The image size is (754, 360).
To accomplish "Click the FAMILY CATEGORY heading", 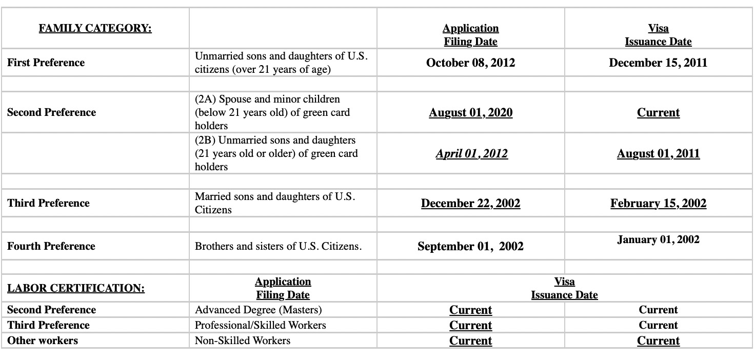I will [95, 28].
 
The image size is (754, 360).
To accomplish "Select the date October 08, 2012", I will [470, 63].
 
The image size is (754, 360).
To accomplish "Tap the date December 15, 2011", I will [658, 63].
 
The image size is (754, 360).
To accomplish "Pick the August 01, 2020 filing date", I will [470, 112].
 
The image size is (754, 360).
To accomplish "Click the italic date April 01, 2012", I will [471, 153].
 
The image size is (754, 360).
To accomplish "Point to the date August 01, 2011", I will [658, 153].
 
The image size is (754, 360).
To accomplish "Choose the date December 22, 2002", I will [470, 203].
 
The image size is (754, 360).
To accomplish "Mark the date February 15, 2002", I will [658, 203].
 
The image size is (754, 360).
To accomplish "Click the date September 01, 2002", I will [470, 246].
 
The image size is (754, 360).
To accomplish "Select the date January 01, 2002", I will [658, 239].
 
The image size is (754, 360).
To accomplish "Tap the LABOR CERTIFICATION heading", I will [76, 288].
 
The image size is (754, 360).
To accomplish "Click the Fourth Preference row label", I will [51, 246].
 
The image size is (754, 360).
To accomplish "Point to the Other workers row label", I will [43, 341].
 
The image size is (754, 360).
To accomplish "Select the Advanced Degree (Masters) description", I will [259, 310].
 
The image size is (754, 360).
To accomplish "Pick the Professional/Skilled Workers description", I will [260, 325].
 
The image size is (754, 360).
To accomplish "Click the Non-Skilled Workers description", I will [243, 341].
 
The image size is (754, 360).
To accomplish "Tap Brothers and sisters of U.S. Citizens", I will [278, 246].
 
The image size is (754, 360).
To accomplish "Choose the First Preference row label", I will [46, 63].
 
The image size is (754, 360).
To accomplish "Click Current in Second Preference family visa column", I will [658, 112].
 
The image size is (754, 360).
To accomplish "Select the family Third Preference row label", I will [48, 203].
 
